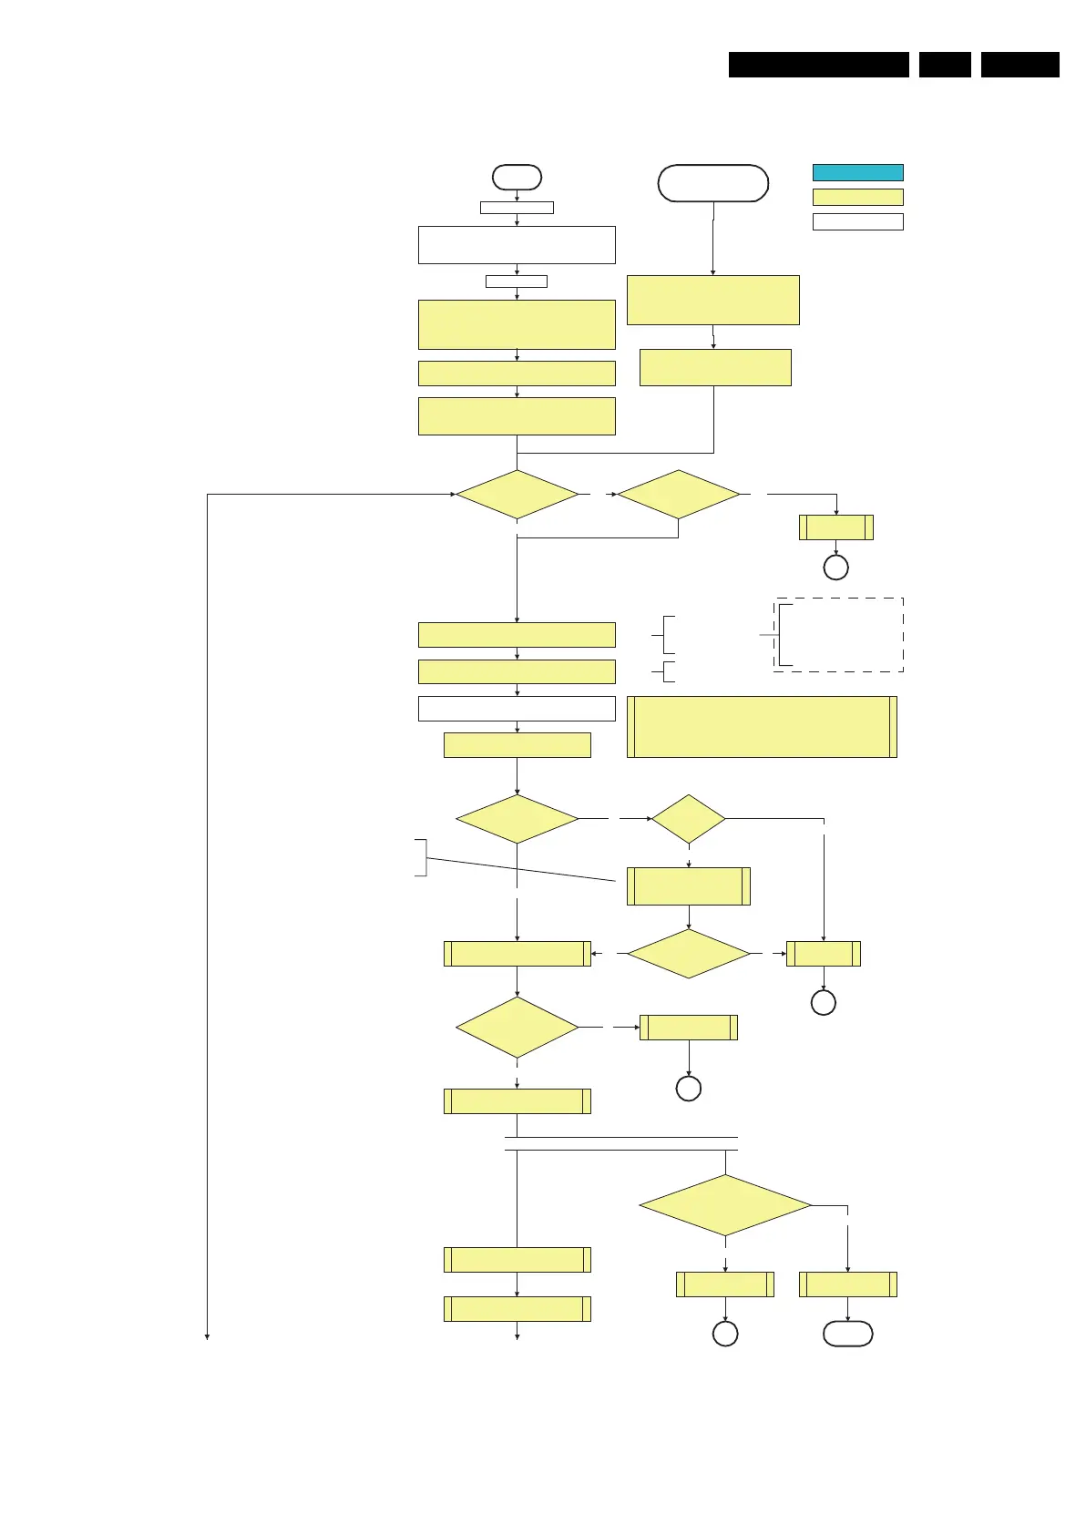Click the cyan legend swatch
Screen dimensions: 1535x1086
coord(857,172)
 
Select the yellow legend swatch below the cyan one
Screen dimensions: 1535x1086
coord(857,197)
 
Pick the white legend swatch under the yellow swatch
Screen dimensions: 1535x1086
coord(857,221)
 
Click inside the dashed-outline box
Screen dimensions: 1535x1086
coord(838,635)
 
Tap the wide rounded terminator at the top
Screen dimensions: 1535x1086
coord(712,183)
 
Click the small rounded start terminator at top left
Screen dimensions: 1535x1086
coord(517,177)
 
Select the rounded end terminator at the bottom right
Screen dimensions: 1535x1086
coord(847,1334)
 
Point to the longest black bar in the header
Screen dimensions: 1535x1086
coord(818,65)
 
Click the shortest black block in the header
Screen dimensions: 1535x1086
coord(945,65)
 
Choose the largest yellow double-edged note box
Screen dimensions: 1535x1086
coord(762,727)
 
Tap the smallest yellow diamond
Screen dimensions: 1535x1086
coord(689,819)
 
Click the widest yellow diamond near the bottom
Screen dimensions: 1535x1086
coord(725,1205)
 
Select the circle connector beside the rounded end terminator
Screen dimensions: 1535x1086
coord(725,1334)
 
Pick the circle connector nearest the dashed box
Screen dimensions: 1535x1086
coord(835,568)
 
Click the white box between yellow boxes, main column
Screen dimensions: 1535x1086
coord(517,708)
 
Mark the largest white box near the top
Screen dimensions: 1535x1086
coord(517,245)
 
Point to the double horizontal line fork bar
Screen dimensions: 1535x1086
coord(620,1144)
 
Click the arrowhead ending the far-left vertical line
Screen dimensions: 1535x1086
coord(208,1336)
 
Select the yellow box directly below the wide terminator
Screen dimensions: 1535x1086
coord(712,300)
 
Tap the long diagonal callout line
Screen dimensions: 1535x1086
coord(521,869)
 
